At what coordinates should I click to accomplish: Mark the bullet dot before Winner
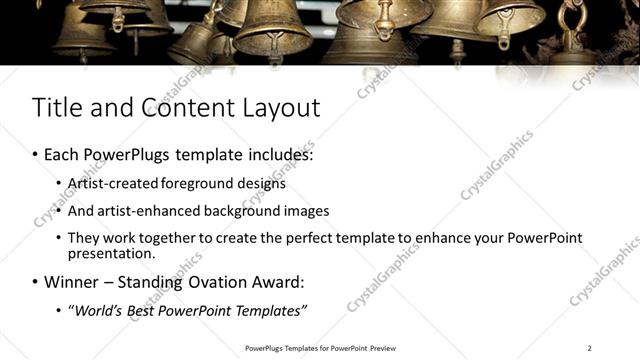tap(36, 282)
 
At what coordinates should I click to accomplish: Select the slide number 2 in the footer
tap(590, 348)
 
